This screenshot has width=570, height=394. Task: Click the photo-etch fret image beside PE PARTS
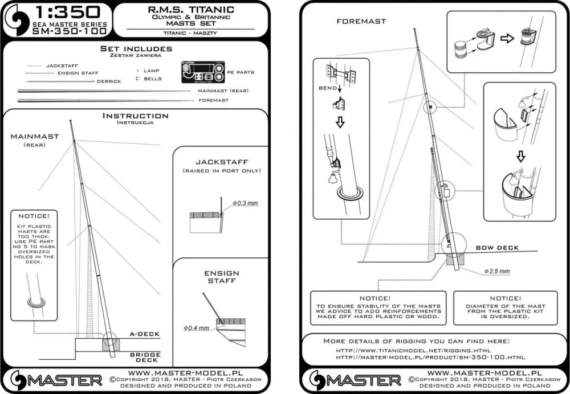tap(202, 73)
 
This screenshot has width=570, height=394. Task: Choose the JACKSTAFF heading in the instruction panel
tap(221, 162)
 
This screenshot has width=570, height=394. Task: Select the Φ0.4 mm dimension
tap(196, 328)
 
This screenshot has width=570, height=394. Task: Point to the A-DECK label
tap(145, 334)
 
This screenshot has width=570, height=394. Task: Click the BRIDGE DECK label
tap(145, 358)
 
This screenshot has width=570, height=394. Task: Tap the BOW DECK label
tap(497, 248)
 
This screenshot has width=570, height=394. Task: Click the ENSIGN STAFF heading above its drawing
tap(222, 277)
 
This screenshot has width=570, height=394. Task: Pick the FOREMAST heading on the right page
tap(361, 21)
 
